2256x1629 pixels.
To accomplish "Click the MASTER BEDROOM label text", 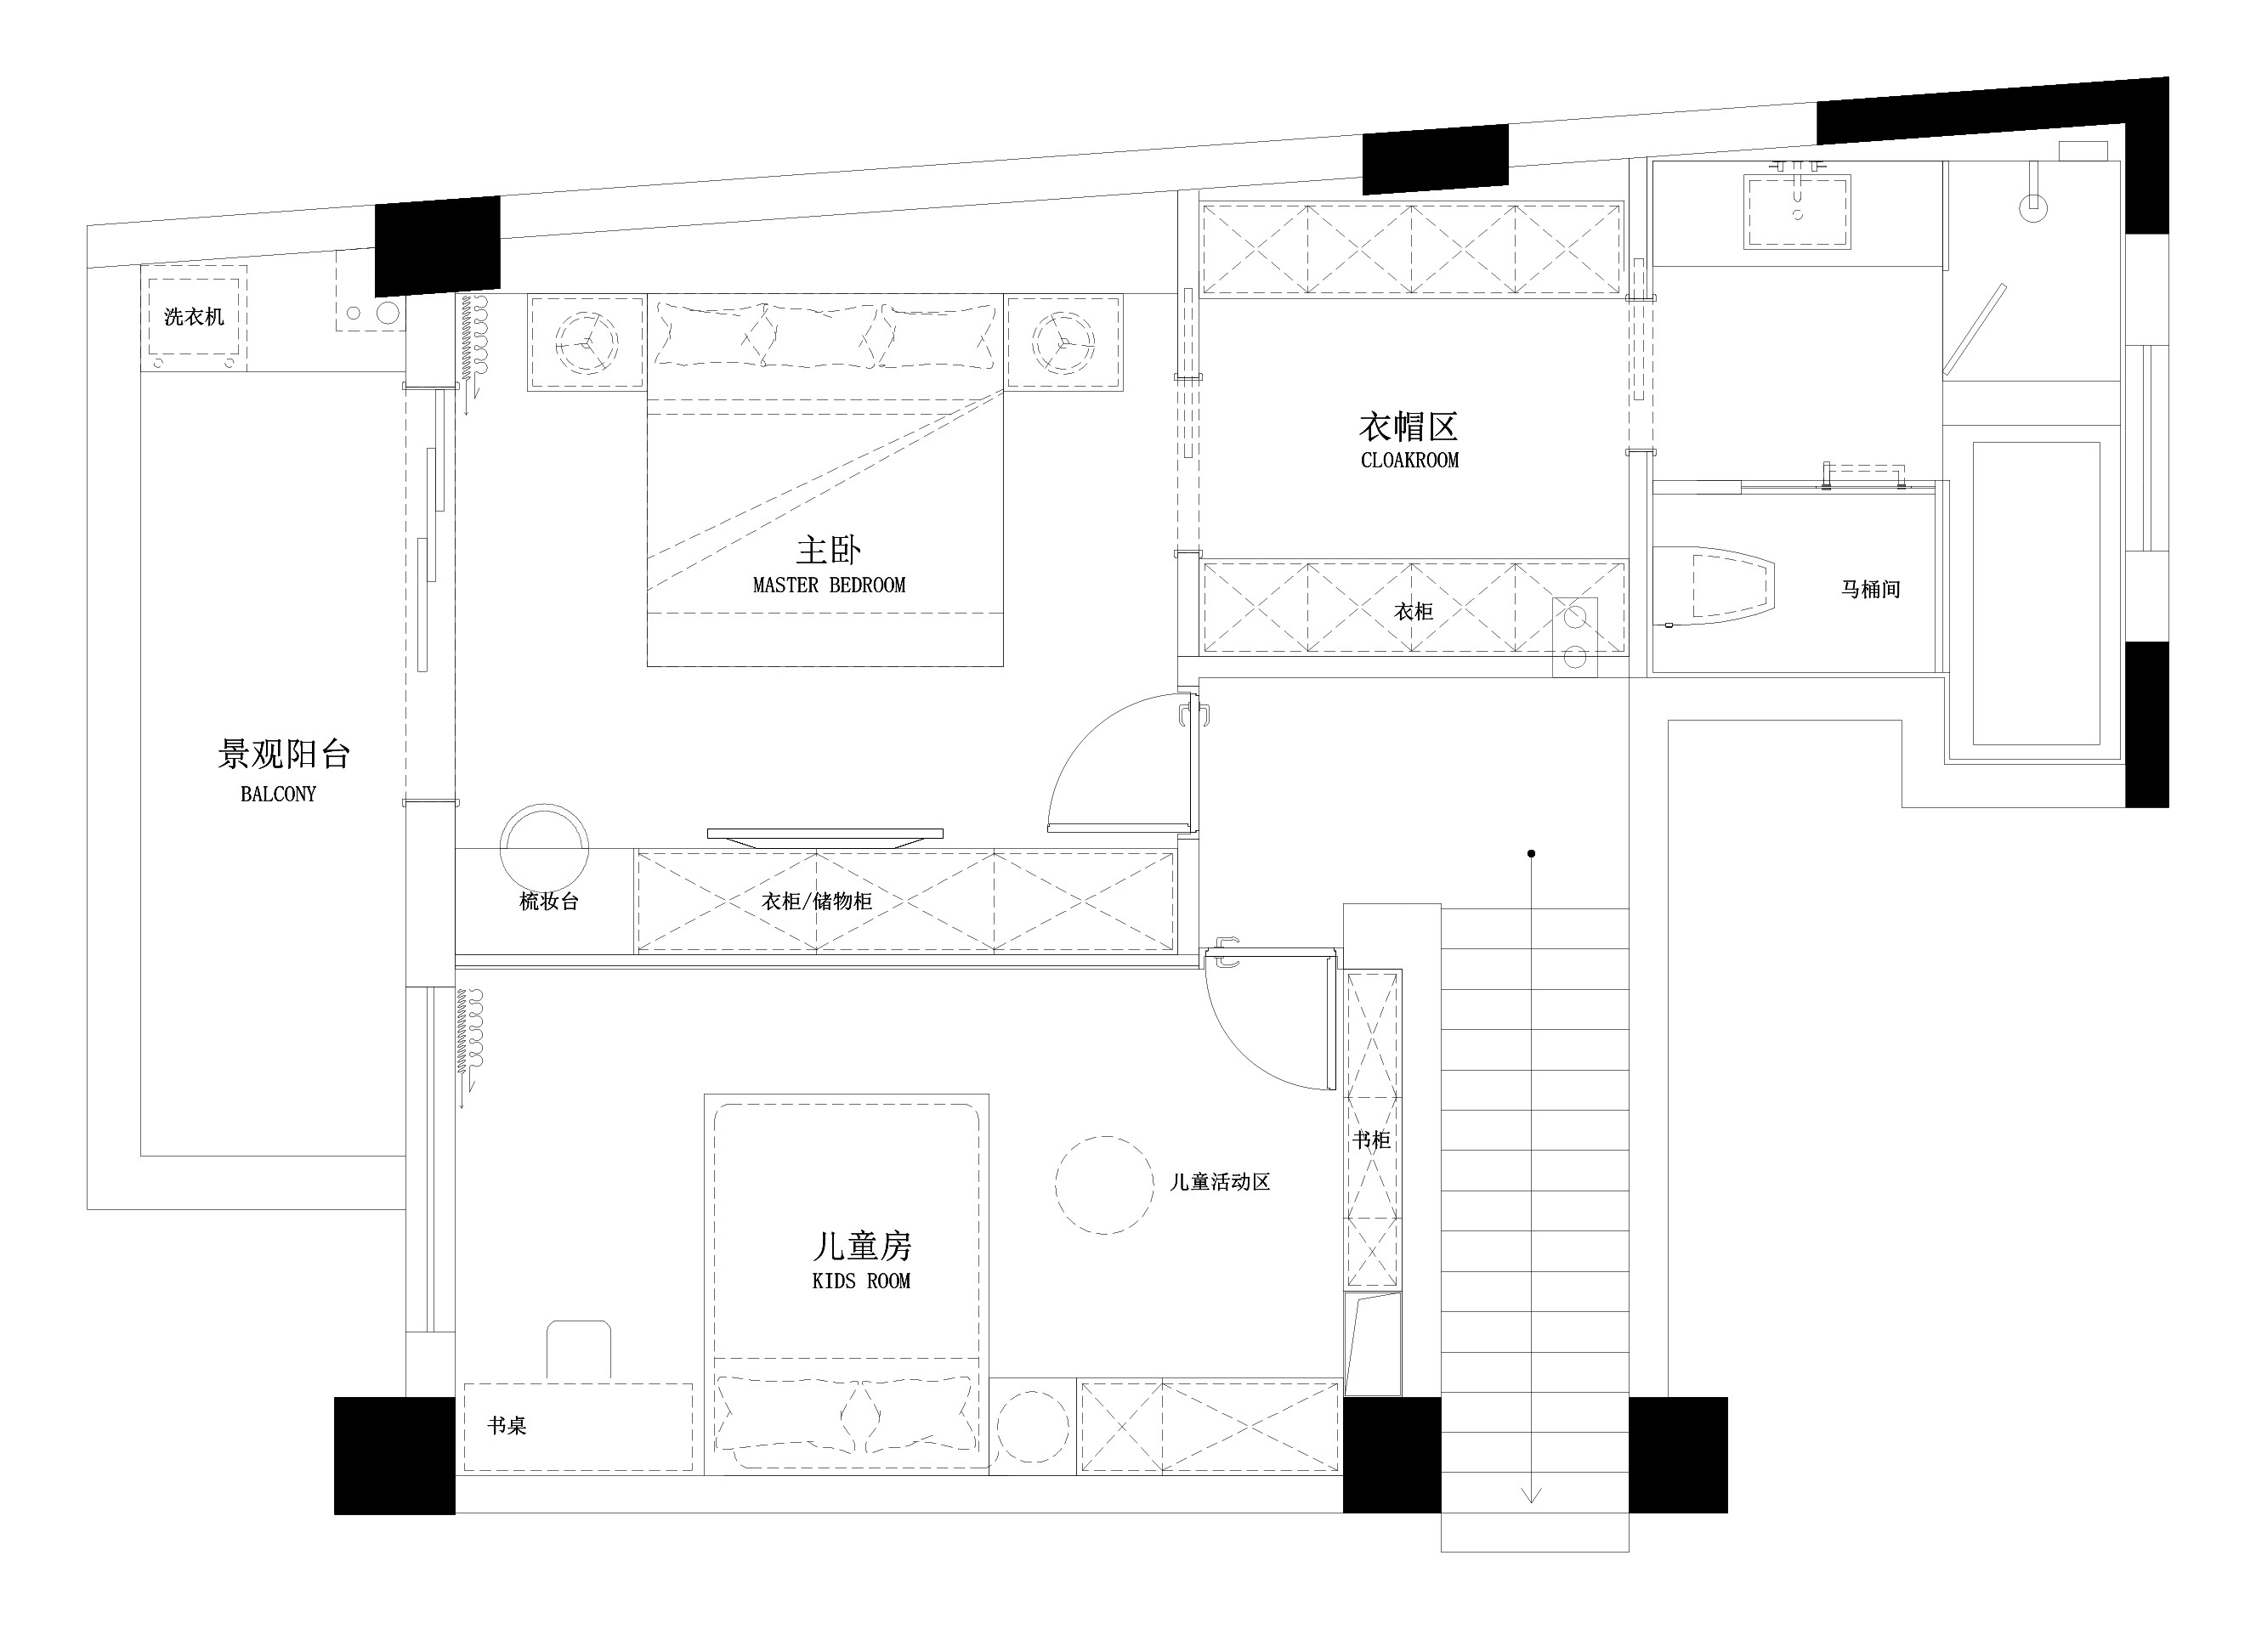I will [x=829, y=585].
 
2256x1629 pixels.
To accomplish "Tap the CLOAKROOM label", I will [x=1409, y=461].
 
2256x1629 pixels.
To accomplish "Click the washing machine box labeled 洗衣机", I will [x=194, y=317].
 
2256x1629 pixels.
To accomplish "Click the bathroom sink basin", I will [x=1796, y=211].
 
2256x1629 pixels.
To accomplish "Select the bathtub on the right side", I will [x=2035, y=594].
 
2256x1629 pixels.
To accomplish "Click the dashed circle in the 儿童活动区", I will [x=1104, y=1185].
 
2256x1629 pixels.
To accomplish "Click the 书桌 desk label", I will [x=507, y=1426].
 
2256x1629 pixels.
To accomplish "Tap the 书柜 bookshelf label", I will [x=1371, y=1140].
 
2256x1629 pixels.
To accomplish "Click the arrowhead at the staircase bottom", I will [x=1531, y=1495].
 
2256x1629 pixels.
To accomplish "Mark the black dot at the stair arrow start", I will [x=1531, y=853].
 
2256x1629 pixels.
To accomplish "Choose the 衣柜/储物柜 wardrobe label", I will [x=817, y=901].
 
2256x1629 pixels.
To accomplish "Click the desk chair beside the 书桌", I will [x=579, y=1349].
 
